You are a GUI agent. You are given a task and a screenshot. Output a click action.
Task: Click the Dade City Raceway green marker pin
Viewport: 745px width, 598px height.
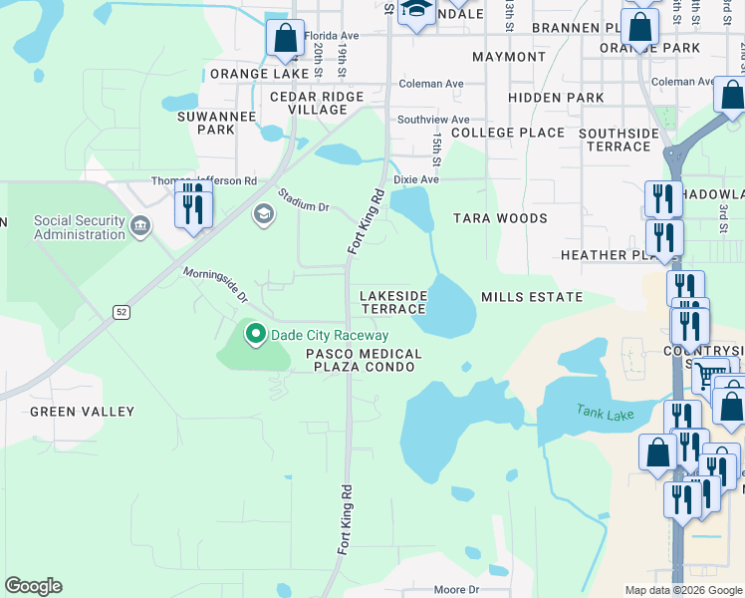click(256, 335)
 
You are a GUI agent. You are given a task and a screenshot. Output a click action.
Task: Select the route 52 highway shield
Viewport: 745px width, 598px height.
click(122, 312)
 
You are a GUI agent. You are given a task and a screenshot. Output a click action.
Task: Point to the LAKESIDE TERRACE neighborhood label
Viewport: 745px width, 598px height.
click(392, 303)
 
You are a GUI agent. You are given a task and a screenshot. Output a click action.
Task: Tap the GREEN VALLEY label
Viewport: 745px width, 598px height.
click(82, 411)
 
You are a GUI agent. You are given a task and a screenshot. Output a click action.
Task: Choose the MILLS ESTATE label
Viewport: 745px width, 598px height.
click(531, 297)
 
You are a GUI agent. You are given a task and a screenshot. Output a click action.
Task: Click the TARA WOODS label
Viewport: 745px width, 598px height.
click(500, 218)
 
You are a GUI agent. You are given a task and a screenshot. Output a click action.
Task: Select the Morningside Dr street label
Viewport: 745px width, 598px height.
click(214, 285)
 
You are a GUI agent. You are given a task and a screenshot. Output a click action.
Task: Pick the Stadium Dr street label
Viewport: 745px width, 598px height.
click(303, 199)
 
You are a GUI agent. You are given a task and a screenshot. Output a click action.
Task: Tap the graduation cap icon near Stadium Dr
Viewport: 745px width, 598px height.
click(263, 212)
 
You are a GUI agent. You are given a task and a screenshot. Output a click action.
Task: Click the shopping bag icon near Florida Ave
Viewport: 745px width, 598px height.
click(285, 39)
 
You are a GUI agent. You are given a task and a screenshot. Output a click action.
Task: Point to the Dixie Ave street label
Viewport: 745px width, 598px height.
click(416, 180)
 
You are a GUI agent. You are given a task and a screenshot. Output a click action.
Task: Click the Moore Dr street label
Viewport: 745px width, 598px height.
click(456, 590)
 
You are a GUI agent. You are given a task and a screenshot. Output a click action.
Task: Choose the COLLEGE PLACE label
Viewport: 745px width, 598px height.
click(508, 133)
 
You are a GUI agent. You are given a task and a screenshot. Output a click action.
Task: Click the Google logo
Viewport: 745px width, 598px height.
click(33, 586)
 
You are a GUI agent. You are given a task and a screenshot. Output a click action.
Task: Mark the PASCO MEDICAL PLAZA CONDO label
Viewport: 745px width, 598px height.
click(364, 360)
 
